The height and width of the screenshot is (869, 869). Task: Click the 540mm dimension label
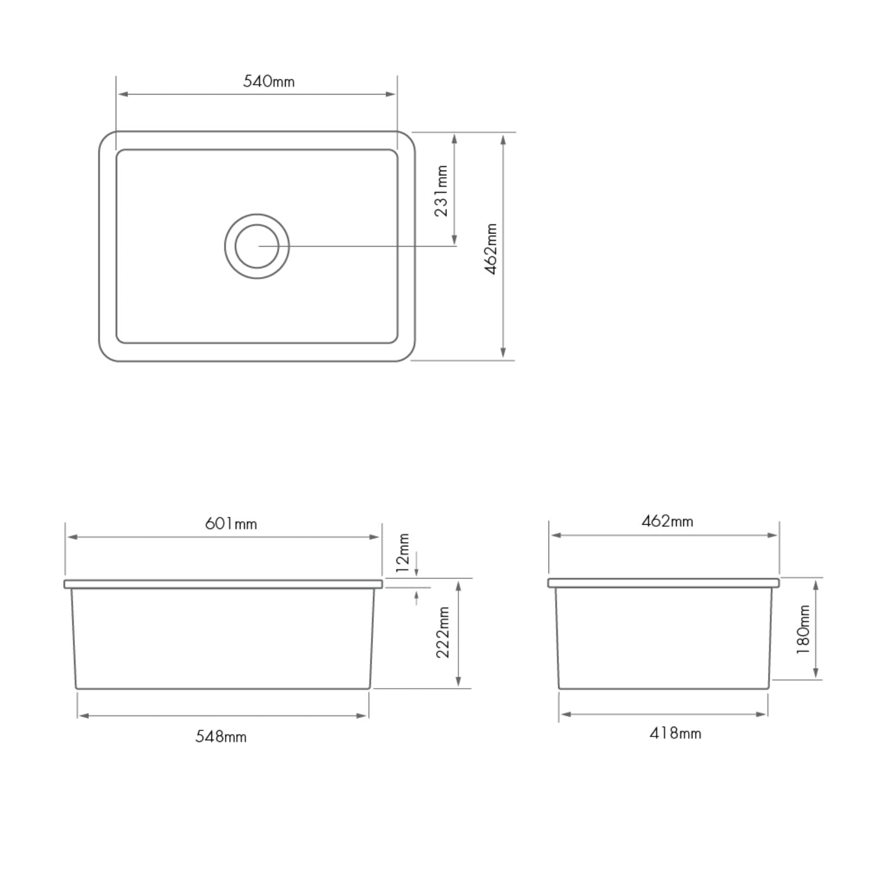coord(268,81)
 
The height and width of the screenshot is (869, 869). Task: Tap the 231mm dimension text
coord(442,191)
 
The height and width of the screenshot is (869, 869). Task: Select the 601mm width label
coord(231,524)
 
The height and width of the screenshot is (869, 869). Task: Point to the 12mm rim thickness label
coord(402,553)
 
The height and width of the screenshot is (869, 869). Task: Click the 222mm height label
coord(443,632)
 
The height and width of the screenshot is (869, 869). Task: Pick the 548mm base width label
coord(221,737)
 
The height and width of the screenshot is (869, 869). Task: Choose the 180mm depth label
coord(803,629)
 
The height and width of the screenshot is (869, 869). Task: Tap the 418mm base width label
coord(675,734)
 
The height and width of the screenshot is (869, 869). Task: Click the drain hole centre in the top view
coord(257,246)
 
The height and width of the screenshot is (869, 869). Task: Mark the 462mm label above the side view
coord(667,521)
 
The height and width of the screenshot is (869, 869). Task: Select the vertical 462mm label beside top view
coord(491,249)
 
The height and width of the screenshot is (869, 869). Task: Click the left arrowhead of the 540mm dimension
coord(123,94)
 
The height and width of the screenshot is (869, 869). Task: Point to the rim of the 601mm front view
coord(223,584)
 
